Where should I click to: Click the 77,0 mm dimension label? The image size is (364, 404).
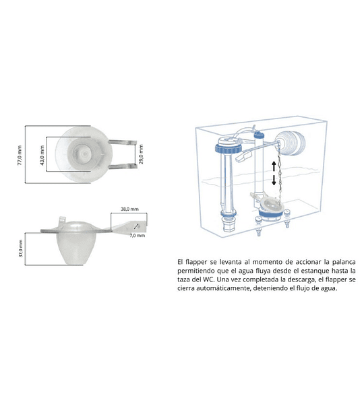pos(20,155)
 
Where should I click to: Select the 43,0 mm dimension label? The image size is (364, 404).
pos(42,156)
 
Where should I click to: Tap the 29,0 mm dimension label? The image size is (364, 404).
pos(141,154)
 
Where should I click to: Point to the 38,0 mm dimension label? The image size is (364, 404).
pos(129,209)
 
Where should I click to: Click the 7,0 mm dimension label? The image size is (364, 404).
pos(138,236)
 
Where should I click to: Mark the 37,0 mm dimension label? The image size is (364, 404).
pos(21,248)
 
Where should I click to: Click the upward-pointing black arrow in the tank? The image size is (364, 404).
pos(274,166)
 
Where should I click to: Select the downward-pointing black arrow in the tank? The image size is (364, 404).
pos(274,180)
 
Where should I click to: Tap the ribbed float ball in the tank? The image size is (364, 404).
pos(291,143)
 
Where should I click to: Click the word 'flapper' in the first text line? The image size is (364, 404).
pos(196,262)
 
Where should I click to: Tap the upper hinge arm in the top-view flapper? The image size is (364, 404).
pos(122,142)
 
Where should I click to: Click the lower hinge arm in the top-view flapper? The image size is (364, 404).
pos(122,166)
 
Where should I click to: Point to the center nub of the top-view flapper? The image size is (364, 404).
pos(84,154)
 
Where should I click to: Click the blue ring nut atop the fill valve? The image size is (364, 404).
pos(229,149)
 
